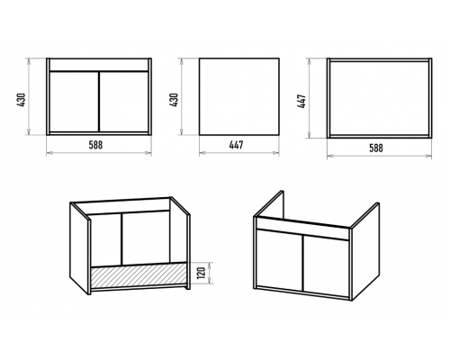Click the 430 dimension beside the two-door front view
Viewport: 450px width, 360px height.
[22, 100]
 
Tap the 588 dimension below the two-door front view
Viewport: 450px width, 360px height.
[95, 145]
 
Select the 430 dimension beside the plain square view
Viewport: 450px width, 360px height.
[174, 100]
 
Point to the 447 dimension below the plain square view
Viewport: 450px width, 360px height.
[237, 145]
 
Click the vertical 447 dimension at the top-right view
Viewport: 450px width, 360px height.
[302, 102]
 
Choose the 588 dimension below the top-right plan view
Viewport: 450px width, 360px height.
[376, 148]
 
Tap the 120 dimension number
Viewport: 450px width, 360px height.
[202, 273]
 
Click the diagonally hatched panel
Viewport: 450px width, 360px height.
[139, 275]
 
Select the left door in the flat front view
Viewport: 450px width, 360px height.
[74, 102]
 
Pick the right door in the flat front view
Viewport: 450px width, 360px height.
[123, 102]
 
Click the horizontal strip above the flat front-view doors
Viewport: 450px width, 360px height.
[99, 65]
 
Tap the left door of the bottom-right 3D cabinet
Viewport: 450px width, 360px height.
[279, 260]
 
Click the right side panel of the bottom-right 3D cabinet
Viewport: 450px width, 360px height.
[365, 252]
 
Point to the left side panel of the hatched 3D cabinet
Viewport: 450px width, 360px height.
[79, 248]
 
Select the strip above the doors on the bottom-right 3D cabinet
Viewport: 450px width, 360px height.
[302, 229]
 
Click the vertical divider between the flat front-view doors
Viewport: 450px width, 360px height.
[99, 102]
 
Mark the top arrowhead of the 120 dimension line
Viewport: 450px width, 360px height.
[211, 264]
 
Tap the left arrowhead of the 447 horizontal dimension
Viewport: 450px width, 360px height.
[202, 153]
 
